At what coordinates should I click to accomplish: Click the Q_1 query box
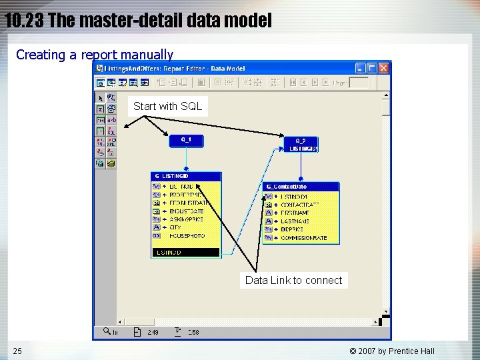point(186,140)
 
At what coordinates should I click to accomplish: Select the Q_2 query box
point(301,144)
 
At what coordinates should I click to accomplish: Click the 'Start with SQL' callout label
point(167,106)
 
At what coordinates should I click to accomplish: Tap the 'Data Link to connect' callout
point(293,280)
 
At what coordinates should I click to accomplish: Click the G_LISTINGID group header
point(186,176)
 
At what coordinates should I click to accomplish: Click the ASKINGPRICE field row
point(186,219)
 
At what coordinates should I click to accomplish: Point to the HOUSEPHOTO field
point(187,236)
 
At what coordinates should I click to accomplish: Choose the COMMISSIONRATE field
point(303,238)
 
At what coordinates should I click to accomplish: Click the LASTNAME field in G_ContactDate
point(295,221)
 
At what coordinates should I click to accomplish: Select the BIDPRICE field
point(294,229)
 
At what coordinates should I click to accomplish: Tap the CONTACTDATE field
point(299,204)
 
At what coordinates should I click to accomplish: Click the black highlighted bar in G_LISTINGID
point(186,253)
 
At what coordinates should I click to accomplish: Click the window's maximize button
point(372,68)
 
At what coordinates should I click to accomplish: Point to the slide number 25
point(17,351)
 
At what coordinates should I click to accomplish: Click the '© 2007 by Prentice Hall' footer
point(392,351)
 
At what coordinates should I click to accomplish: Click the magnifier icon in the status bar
point(106,331)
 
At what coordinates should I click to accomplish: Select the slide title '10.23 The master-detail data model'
point(138,21)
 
